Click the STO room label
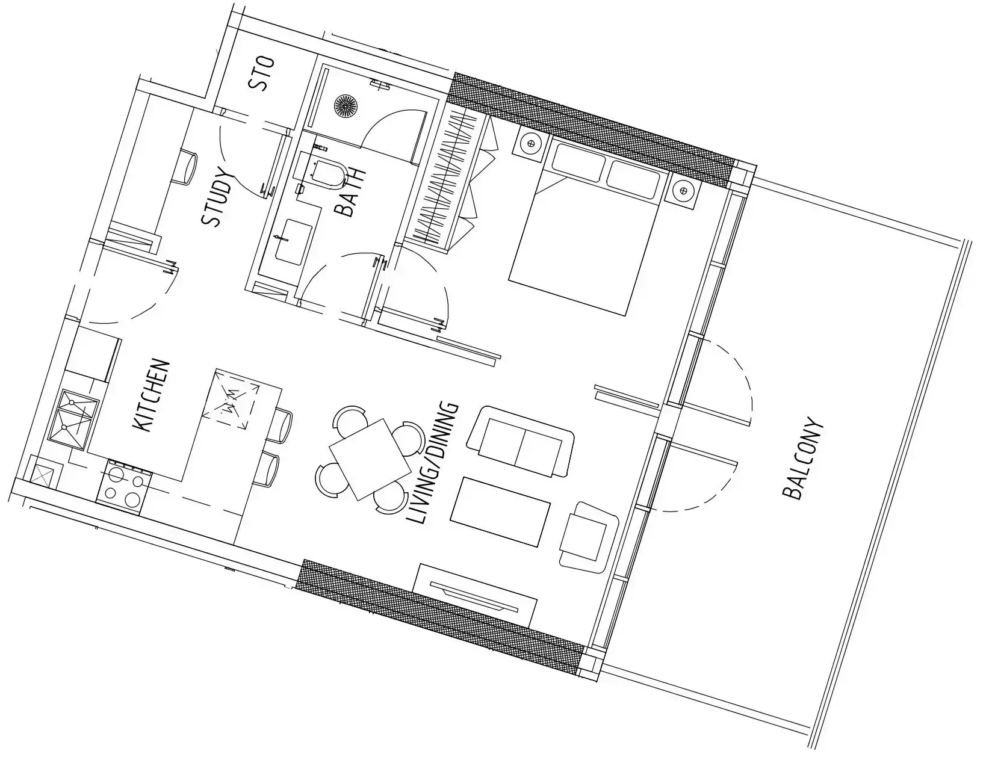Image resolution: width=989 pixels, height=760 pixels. point(262,73)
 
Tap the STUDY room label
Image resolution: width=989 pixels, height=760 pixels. point(217,197)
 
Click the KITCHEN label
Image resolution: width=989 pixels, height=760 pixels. point(151,396)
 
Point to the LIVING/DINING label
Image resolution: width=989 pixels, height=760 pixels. point(432,463)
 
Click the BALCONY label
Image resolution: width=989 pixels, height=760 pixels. point(804,459)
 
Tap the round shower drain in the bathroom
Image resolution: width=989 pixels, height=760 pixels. point(346,105)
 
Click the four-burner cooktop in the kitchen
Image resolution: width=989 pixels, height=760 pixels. point(124,487)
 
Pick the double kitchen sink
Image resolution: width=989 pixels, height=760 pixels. point(73,419)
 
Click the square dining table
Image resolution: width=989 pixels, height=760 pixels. point(370,460)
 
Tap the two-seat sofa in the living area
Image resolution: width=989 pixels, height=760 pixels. point(521,441)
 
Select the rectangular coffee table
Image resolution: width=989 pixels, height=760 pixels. point(500,511)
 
